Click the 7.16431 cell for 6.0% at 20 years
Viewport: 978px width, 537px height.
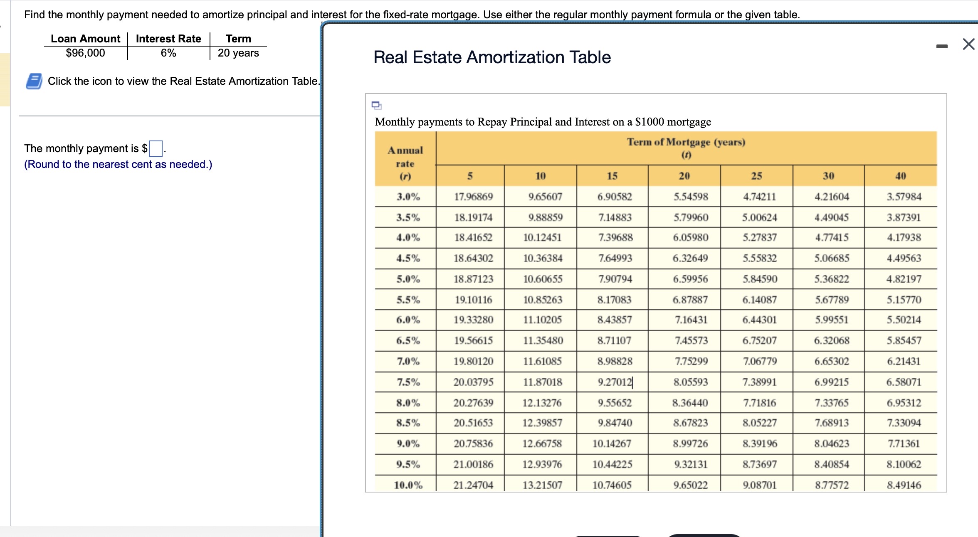[x=690, y=320]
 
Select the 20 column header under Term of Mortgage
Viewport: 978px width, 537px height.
[x=684, y=176]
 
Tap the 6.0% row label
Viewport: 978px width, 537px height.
[x=407, y=320]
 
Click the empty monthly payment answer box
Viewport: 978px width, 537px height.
[x=156, y=148]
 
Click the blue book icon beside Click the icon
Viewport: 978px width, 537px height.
[x=34, y=81]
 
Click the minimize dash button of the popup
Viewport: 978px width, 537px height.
[x=942, y=46]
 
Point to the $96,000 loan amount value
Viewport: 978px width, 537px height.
[x=85, y=53]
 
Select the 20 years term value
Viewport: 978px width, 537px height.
[x=238, y=53]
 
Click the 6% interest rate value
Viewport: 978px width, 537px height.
[x=168, y=53]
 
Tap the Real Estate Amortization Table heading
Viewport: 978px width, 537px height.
[x=492, y=57]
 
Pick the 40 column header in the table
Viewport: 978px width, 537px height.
[x=900, y=176]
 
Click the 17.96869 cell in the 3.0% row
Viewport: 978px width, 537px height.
[x=473, y=197]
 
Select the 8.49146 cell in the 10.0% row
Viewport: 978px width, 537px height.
[x=904, y=485]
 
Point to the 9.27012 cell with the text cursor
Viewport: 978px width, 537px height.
[x=615, y=382]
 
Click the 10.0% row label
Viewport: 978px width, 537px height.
[x=407, y=485]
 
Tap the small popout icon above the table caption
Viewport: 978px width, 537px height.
[x=376, y=105]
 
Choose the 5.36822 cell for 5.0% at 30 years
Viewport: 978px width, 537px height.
[x=832, y=279]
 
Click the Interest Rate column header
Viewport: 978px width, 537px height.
[x=168, y=39]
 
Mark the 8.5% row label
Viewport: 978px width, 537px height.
[x=407, y=423]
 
